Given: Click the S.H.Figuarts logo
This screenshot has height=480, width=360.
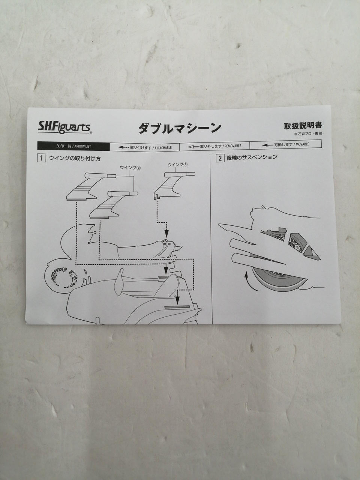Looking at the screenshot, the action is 65,127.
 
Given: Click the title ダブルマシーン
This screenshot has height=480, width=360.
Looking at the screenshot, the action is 180,128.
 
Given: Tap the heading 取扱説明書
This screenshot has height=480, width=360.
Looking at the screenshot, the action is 303,126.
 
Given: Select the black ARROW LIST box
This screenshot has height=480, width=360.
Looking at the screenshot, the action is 73,146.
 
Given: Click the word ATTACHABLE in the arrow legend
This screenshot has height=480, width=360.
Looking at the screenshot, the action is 163,148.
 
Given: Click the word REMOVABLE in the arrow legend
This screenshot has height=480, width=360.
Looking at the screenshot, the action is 233,145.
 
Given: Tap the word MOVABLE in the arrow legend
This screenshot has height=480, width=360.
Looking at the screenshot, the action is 302,144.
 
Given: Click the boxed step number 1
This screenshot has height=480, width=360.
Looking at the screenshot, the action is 42,158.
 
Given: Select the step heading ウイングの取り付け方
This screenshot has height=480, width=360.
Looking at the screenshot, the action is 75,158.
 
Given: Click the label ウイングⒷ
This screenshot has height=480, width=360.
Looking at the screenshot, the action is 130,168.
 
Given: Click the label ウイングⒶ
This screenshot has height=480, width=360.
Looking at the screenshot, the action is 177,165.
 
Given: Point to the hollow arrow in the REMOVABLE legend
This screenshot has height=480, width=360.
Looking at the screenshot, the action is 193,147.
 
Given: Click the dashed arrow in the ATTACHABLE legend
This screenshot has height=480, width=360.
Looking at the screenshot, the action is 124,147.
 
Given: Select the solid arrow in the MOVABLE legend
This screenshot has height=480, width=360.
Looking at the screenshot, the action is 267,145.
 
